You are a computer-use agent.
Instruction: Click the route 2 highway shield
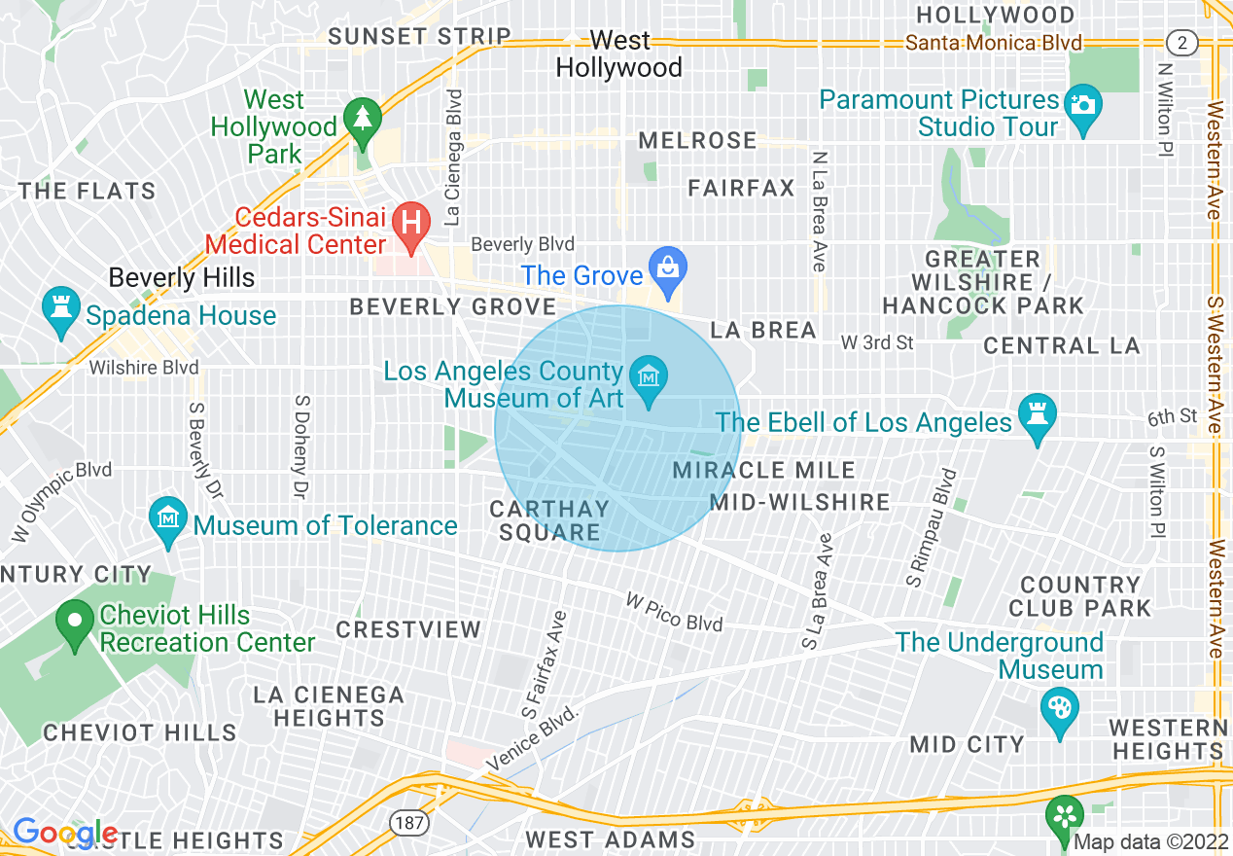coord(1180,42)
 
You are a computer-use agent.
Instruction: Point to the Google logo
coord(64,833)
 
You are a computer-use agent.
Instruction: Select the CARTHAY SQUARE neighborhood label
coord(549,520)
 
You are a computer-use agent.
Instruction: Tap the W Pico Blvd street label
coord(674,613)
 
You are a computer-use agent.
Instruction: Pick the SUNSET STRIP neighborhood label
coord(419,36)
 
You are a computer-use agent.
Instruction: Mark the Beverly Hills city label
coord(182,277)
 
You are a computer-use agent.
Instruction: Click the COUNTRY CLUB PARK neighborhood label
coord(1079,596)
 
